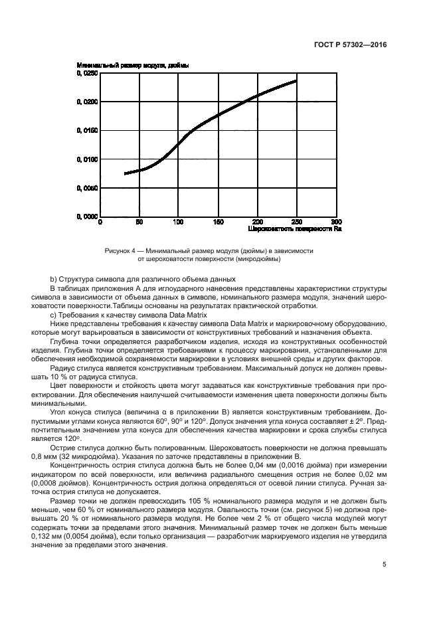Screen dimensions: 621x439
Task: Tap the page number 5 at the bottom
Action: pos(384,565)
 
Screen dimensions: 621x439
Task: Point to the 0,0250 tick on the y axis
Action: pos(87,74)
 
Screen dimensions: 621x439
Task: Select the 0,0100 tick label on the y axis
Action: pos(87,159)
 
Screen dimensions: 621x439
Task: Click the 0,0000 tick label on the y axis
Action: pos(87,217)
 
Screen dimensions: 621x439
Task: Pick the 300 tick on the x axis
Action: pos(336,222)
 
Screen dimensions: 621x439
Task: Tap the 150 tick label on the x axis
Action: pos(218,222)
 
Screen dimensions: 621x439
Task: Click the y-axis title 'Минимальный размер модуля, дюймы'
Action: pos(133,66)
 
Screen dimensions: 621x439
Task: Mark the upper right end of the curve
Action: pos(296,81)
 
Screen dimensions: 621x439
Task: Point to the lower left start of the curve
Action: pos(126,173)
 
